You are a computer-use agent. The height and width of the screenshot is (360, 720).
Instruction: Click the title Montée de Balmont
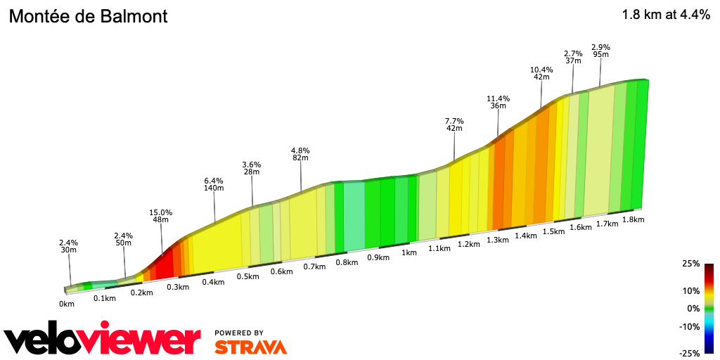tap(88, 15)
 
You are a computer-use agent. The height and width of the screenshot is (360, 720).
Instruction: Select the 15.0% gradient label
tap(162, 212)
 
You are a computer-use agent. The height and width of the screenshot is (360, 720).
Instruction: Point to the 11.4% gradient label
tap(498, 98)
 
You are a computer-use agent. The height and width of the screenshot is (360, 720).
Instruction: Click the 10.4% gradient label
tap(541, 70)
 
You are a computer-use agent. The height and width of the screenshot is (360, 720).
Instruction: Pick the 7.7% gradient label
tap(454, 121)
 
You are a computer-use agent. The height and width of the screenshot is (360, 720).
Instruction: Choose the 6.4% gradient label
tap(214, 180)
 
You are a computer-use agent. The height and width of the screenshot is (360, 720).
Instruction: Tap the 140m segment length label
tap(214, 188)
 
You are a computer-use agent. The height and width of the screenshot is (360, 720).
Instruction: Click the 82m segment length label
tap(300, 158)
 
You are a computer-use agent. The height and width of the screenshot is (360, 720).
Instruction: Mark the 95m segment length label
tap(601, 54)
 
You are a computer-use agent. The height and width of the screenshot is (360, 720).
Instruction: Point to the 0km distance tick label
tap(67, 304)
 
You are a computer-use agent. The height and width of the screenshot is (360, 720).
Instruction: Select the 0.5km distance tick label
tap(247, 276)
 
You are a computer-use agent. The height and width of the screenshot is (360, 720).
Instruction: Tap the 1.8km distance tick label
tap(634, 219)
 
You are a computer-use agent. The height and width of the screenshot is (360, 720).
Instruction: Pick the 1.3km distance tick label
tap(497, 240)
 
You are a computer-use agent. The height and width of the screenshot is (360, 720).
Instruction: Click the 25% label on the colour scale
tap(690, 264)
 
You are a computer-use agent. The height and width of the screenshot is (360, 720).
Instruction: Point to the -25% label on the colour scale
tap(690, 353)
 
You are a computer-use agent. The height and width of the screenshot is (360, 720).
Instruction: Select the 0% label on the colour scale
tap(693, 308)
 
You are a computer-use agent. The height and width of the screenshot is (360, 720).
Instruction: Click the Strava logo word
tap(250, 347)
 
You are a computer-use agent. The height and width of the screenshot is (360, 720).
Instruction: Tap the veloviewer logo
tap(103, 340)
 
